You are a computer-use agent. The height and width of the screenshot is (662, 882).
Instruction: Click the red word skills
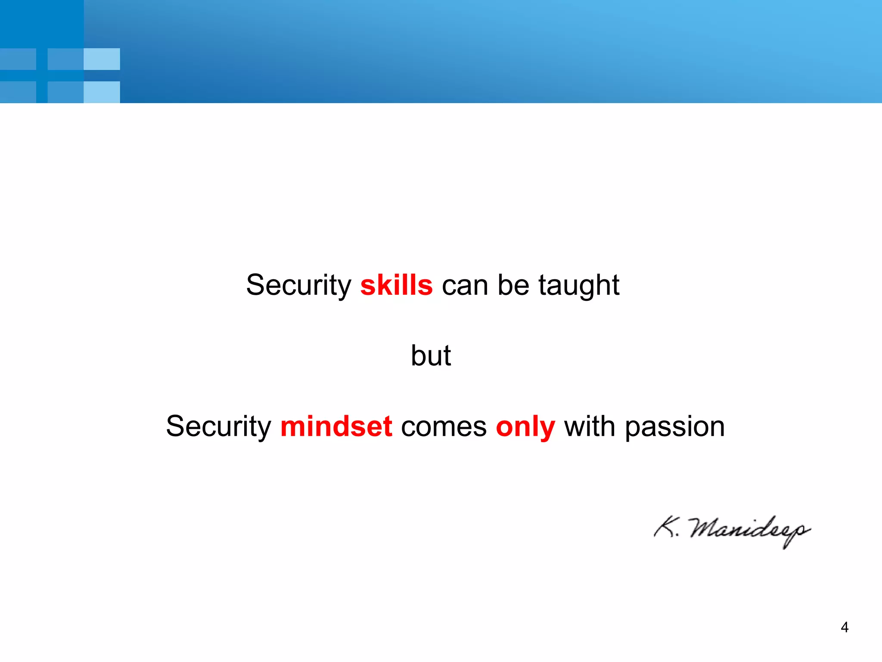point(396,285)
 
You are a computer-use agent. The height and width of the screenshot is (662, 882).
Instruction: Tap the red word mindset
point(336,427)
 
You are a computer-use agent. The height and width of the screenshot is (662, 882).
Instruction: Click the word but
point(431,356)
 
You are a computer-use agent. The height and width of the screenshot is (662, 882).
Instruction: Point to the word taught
point(579,286)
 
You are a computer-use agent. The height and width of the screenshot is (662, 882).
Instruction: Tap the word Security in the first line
point(298,286)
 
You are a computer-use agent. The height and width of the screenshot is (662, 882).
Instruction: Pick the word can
point(465,286)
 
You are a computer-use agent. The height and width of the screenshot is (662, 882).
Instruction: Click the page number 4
point(845,628)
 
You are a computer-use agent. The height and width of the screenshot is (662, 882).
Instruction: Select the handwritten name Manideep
point(749,530)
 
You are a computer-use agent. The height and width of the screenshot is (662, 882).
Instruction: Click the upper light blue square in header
point(102,59)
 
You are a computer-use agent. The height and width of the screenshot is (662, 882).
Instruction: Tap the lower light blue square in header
point(102,92)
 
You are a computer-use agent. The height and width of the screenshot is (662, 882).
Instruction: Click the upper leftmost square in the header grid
point(18,59)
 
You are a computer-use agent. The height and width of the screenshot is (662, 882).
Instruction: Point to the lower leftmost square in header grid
point(18,92)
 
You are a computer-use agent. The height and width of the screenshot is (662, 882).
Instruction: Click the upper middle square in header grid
point(65,59)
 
